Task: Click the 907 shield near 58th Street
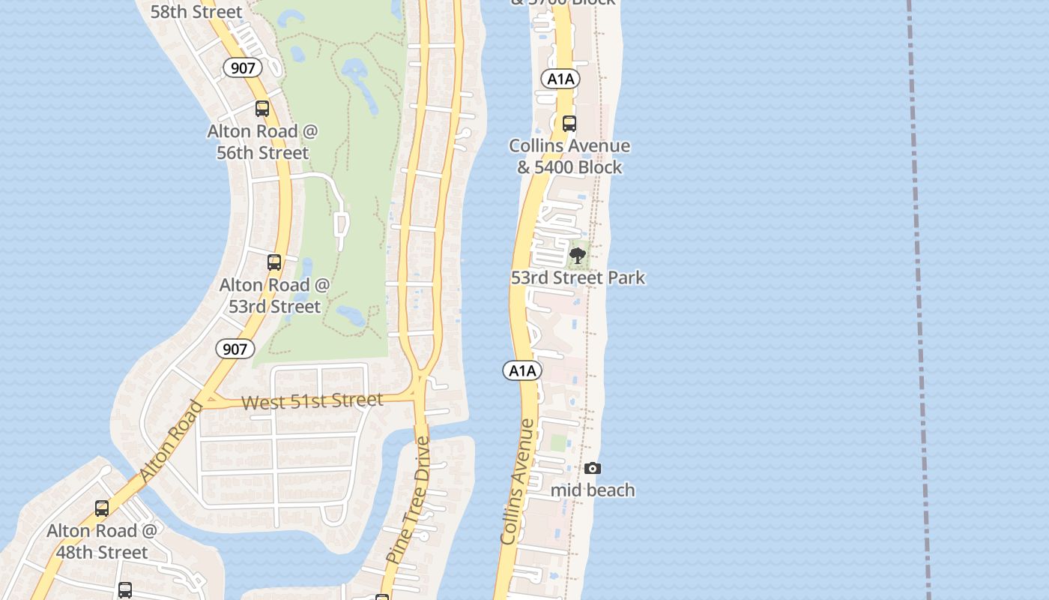[x=243, y=68]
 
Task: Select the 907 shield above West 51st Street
[x=235, y=349]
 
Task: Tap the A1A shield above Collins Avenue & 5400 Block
[x=560, y=79]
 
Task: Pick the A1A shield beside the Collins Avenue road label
[x=522, y=370]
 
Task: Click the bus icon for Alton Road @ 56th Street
[x=262, y=109]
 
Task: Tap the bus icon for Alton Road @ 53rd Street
[x=274, y=262]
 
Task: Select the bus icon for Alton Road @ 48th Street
[x=102, y=508]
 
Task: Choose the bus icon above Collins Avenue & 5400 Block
[x=569, y=124]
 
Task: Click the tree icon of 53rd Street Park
[x=577, y=256]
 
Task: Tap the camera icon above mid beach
[x=593, y=469]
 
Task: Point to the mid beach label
[x=593, y=490]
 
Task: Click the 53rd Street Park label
[x=578, y=277]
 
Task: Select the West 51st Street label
[x=312, y=401]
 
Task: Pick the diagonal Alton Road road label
[x=172, y=442]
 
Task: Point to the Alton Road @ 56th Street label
[x=262, y=142]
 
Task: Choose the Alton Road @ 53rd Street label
[x=274, y=295]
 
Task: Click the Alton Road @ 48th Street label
[x=102, y=541]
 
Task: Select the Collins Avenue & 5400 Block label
[x=569, y=156]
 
